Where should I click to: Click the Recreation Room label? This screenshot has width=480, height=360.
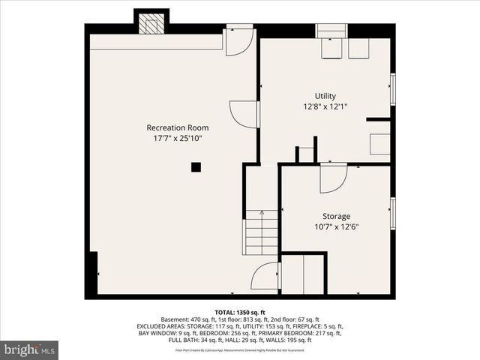tap(177, 127)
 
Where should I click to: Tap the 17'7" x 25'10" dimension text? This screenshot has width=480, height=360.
tap(177, 138)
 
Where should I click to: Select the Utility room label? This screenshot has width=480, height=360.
tap(325, 96)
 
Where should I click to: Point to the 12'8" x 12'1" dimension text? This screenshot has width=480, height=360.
tap(325, 106)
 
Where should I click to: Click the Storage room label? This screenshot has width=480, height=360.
tap(335, 216)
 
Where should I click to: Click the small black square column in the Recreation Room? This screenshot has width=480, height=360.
tap(196, 167)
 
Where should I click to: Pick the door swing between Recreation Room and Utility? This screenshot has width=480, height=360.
tap(243, 115)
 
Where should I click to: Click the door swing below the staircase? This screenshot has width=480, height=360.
tap(266, 277)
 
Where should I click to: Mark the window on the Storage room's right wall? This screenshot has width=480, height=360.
tap(392, 214)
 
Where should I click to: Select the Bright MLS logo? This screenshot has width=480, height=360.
tap(30, 349)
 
